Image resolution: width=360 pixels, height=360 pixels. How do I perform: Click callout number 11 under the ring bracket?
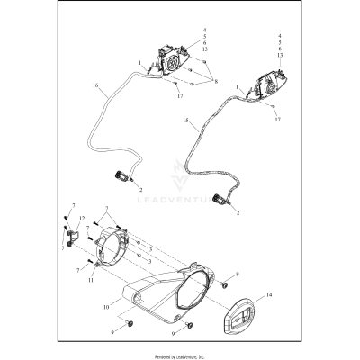click(90, 281)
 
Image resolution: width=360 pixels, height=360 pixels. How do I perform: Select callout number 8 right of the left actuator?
click(216, 80)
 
